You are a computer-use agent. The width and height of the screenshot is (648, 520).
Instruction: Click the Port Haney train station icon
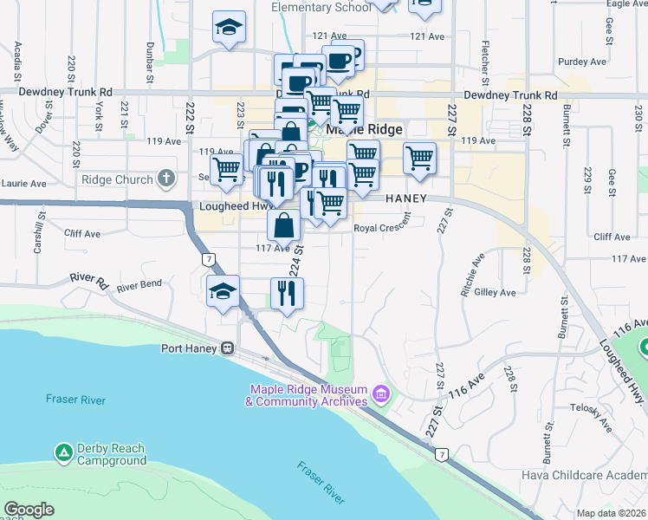tap(228, 349)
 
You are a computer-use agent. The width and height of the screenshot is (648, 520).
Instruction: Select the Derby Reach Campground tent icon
tap(62, 452)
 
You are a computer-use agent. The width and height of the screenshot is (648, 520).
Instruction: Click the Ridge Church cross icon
tap(166, 180)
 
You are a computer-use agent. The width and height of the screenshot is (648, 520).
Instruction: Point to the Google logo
tap(29, 510)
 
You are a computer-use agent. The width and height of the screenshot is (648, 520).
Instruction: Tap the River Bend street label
tap(139, 285)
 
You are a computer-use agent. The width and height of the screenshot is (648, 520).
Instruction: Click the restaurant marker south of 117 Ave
tap(286, 293)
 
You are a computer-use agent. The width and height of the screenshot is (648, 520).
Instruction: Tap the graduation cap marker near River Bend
tap(223, 290)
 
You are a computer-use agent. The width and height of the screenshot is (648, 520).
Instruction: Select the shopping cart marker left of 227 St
tap(419, 159)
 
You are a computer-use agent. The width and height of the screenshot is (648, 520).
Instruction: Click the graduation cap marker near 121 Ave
tap(230, 27)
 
